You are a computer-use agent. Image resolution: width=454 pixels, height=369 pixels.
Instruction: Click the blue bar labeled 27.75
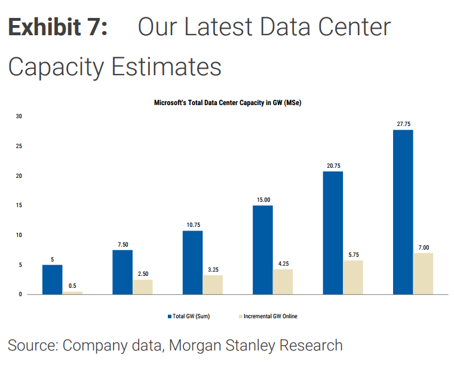point(403,212)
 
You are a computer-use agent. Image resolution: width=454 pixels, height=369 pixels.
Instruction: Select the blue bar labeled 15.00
point(263,250)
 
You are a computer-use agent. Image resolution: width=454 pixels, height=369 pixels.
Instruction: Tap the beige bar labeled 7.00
point(423,274)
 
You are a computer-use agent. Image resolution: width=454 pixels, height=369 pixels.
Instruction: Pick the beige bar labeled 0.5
point(72,293)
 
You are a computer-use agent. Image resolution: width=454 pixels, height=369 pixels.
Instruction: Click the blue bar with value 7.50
point(122,272)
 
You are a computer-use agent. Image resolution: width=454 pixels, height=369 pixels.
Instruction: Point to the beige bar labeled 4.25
point(283,282)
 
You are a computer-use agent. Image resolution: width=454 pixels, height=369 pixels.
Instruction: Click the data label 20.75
point(333,166)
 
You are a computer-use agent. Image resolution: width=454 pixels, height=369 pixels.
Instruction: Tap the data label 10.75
point(194,225)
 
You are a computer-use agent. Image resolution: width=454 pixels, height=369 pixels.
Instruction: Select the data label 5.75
point(354,255)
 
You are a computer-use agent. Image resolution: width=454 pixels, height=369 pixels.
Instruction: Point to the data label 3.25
point(213,270)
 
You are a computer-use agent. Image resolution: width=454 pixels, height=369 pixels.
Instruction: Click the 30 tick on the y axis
point(19,116)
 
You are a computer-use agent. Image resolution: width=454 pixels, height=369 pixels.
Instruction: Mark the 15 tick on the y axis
point(19,205)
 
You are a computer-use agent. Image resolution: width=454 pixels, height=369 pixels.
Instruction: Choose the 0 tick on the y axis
point(20,294)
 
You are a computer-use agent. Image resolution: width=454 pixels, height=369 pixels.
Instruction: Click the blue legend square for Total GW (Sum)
point(170,316)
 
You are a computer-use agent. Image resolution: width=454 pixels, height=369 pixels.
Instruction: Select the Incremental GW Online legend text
point(271,316)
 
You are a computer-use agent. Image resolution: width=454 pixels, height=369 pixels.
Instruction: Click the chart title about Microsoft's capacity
point(228,103)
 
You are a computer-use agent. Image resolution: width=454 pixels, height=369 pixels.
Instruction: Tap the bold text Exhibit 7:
point(58,27)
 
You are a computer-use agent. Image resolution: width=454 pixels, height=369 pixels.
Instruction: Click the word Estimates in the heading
point(167,66)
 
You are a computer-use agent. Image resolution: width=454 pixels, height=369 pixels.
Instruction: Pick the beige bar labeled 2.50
point(142,287)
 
